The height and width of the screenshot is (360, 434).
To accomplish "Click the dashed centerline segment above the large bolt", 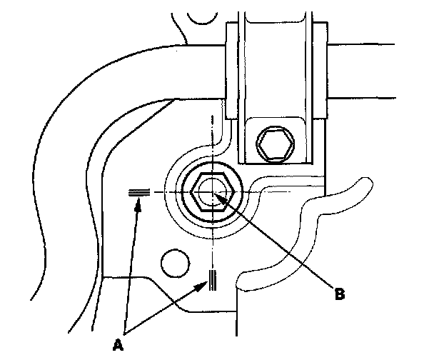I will pyautogui.click(x=211, y=136).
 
